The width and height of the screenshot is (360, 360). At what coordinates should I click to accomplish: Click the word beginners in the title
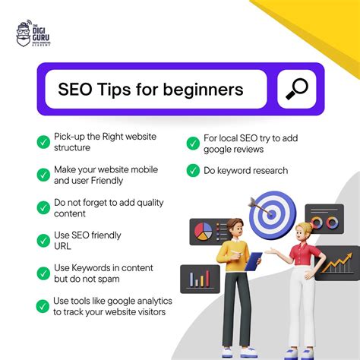click(204, 90)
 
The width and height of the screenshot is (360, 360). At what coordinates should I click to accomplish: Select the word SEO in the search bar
click(75, 90)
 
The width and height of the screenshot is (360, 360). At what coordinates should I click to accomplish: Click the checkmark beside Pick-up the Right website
click(43, 142)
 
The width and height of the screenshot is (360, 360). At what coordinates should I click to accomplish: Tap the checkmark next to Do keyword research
click(192, 171)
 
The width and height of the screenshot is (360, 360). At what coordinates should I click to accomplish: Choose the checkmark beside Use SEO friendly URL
click(43, 240)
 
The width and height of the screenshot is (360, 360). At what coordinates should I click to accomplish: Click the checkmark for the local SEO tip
click(192, 142)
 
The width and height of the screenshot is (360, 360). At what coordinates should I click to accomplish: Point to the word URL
click(63, 245)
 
